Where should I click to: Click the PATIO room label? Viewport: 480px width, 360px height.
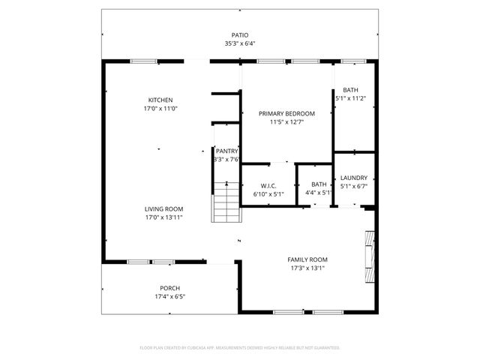pyautogui.click(x=239, y=35)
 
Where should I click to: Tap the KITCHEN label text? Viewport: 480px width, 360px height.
pyautogui.click(x=160, y=100)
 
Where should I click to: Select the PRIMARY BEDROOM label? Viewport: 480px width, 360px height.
pyautogui.click(x=286, y=113)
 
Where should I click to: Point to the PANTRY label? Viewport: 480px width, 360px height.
pyautogui.click(x=226, y=151)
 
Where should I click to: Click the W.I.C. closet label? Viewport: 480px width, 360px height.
pyautogui.click(x=269, y=184)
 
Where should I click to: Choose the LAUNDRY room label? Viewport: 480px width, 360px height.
pyautogui.click(x=353, y=178)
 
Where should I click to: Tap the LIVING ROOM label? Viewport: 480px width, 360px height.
pyautogui.click(x=163, y=209)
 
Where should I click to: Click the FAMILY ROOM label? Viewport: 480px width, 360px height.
pyautogui.click(x=308, y=259)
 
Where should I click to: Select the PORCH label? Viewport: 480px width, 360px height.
pyautogui.click(x=169, y=288)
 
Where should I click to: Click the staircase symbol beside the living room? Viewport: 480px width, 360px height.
pyautogui.click(x=226, y=202)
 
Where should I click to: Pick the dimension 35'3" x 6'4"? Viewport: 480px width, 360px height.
pyautogui.click(x=239, y=43)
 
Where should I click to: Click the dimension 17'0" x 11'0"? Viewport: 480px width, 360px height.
pyautogui.click(x=160, y=109)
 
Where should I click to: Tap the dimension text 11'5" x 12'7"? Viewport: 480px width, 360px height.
pyautogui.click(x=286, y=122)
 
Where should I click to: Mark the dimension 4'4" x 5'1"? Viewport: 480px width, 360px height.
pyautogui.click(x=319, y=193)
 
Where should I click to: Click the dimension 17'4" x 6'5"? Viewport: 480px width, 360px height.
pyautogui.click(x=169, y=297)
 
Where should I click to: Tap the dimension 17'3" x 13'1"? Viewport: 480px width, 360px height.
pyautogui.click(x=308, y=268)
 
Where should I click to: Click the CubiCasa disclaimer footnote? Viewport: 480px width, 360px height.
pyautogui.click(x=240, y=348)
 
